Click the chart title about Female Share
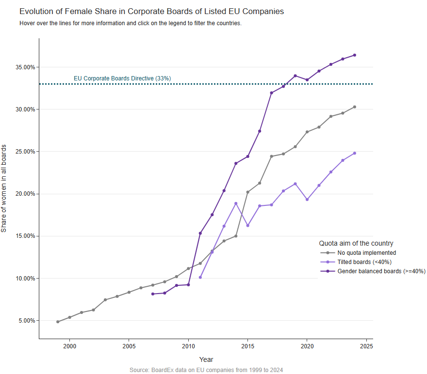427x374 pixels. [151, 11]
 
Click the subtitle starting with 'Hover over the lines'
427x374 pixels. [130, 23]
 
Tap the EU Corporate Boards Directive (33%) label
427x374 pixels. [122, 78]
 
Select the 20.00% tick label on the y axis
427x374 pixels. [23, 194]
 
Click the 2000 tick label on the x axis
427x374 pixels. [69, 346]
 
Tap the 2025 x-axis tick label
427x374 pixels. [366, 346]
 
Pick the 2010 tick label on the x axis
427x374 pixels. [188, 346]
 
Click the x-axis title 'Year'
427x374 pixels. [206, 359]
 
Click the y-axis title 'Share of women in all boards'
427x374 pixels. [4, 188]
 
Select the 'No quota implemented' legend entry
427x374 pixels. [367, 252]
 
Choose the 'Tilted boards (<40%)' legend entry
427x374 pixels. [364, 262]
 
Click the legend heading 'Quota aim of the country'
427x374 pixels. [356, 243]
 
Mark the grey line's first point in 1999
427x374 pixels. [58, 322]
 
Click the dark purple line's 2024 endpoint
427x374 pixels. [355, 55]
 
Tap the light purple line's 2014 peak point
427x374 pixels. [236, 203]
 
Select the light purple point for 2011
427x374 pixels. [200, 278]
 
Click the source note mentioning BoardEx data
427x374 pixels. [206, 370]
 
